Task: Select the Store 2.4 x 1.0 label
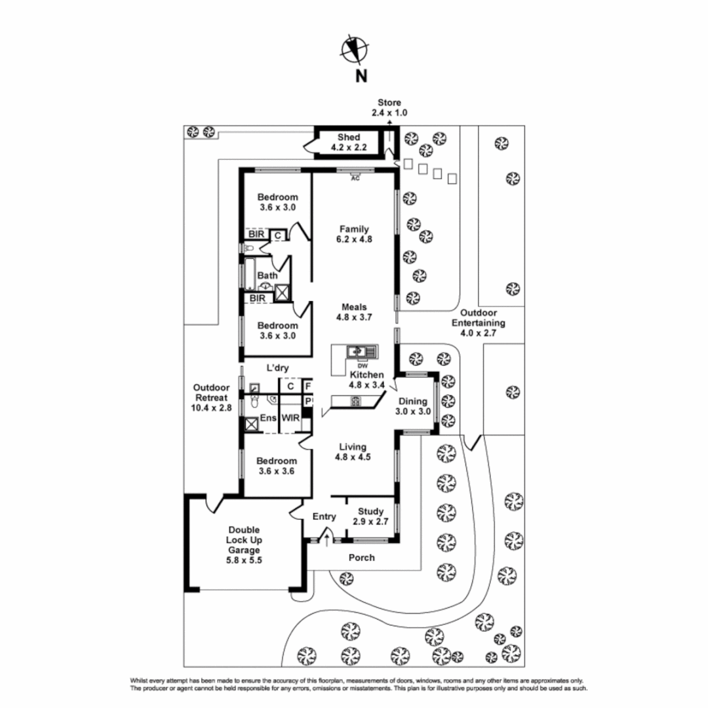coord(389,108)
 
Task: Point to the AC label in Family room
coord(356,178)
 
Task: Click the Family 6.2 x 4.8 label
coord(354,234)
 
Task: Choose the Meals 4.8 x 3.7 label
coord(354,312)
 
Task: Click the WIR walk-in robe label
coord(290,418)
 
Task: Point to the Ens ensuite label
coord(267,418)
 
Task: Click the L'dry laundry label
coord(277,368)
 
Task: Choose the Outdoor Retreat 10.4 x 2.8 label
coord(212,397)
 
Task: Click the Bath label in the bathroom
coord(267,276)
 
